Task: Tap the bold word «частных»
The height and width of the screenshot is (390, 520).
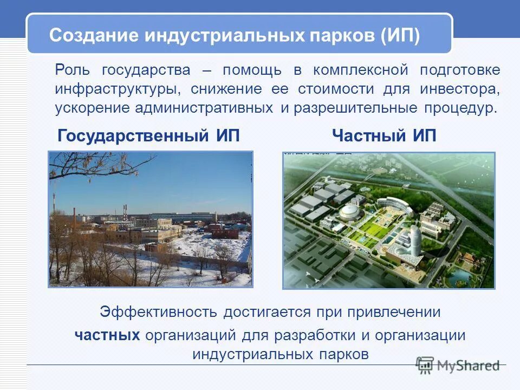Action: pos(107,335)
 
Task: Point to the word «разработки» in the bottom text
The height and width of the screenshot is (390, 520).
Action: pos(314,335)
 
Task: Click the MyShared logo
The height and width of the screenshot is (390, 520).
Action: pos(458,365)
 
